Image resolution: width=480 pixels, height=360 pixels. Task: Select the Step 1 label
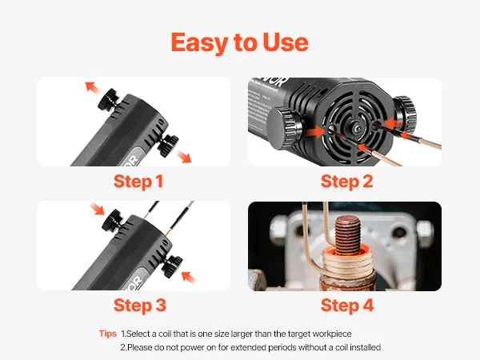coord(138,182)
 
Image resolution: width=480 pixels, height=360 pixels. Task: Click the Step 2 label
coord(347,182)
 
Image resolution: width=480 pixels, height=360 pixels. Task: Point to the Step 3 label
coord(139,306)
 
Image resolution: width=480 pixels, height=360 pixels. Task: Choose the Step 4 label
coord(347,306)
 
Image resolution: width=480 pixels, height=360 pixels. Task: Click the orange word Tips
coord(108,334)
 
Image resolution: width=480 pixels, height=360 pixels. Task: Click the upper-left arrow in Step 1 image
coord(93,87)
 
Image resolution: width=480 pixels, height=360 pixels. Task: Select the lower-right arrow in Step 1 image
coord(184,157)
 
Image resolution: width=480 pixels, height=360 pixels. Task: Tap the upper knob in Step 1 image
coord(109,98)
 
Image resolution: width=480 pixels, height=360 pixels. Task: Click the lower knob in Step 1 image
coord(168,146)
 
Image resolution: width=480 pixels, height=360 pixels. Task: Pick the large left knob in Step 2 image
coord(285,127)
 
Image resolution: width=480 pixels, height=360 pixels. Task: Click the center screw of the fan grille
coord(356,129)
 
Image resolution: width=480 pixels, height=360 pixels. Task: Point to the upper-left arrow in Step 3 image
coord(97,209)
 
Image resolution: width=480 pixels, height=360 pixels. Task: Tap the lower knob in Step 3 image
coord(172,267)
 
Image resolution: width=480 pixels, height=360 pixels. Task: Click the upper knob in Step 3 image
coord(113,220)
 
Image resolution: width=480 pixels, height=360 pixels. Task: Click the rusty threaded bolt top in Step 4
coord(347,233)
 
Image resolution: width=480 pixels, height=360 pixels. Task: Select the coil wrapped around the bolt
coord(347,262)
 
